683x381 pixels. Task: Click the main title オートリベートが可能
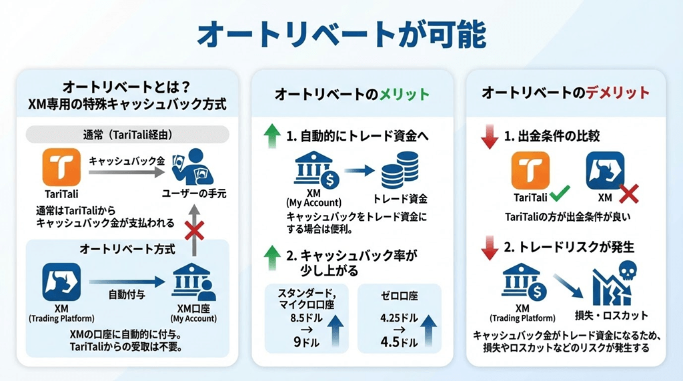tap(342, 35)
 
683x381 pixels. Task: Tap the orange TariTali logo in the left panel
tap(61, 167)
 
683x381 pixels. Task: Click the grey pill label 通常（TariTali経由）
tap(127, 135)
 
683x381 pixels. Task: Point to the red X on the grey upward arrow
tap(194, 231)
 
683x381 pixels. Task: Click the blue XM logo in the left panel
tap(61, 282)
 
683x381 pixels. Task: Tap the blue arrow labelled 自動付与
tap(127, 282)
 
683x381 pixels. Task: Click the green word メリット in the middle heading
tap(405, 94)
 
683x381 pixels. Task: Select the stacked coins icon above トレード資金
tap(400, 170)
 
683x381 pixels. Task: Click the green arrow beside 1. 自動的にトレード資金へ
tap(272, 136)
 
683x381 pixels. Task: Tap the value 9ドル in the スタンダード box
tap(306, 342)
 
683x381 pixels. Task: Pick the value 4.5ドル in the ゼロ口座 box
tap(399, 342)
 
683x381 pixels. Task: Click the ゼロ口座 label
tap(399, 296)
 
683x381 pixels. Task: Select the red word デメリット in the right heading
tap(618, 93)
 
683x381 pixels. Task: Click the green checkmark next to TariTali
tap(560, 194)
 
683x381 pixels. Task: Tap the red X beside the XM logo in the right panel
tap(628, 194)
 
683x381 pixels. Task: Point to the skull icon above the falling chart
tap(627, 271)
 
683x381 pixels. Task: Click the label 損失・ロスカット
tap(612, 316)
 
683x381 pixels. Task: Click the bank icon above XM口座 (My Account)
tap(194, 282)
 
